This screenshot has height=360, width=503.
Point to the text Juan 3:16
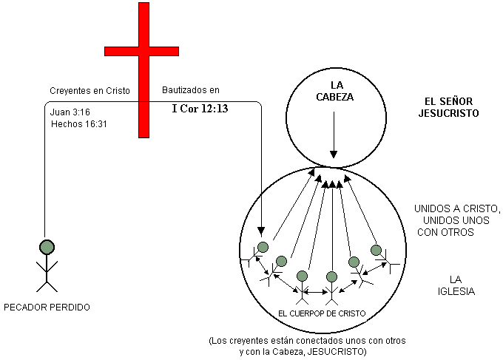[70, 112]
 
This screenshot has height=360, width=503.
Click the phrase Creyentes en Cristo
[90, 91]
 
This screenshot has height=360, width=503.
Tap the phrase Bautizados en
[190, 91]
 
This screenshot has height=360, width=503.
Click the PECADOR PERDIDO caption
[47, 305]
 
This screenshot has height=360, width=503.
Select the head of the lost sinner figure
[47, 246]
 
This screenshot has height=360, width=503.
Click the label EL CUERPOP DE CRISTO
[322, 313]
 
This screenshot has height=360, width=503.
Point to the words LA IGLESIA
[456, 285]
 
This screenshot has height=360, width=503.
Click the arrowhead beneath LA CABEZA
[334, 154]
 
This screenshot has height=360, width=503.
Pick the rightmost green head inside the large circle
[377, 250]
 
